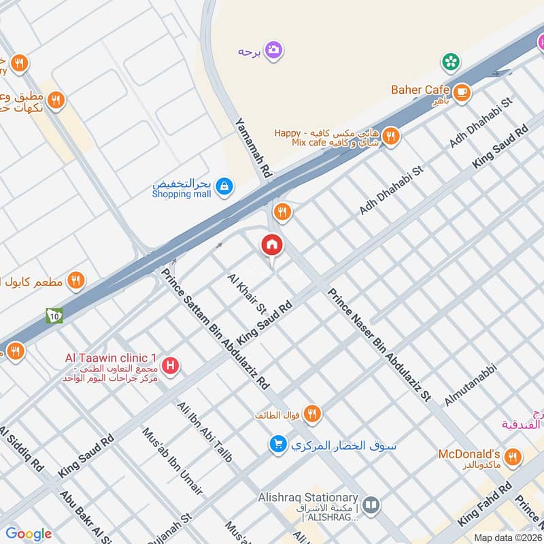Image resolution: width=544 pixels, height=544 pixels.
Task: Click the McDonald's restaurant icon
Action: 513,456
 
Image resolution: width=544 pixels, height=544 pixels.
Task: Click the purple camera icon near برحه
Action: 273,50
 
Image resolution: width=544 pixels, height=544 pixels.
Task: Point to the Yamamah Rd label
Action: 254,149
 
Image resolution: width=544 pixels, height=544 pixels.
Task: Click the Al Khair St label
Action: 247,294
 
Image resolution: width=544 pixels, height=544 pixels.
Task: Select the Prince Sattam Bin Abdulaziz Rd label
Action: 216,330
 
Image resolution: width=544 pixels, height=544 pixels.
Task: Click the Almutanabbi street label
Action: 471,385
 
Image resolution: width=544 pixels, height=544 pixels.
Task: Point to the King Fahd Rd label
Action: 485,505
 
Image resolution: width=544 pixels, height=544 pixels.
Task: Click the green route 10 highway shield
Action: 53,316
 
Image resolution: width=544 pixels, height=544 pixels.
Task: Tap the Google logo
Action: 29,534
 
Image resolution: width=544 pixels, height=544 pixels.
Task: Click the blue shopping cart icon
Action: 277,445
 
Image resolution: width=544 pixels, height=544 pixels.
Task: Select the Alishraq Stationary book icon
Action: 371,505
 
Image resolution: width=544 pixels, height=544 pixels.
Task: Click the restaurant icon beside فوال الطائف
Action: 312,413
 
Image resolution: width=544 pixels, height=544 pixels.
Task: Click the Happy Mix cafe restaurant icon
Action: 390,136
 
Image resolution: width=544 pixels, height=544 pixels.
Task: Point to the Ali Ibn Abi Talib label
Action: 204,432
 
